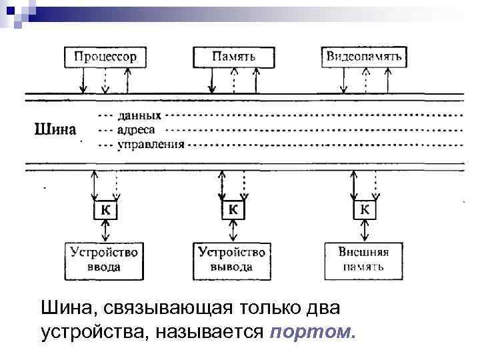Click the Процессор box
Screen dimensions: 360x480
[105, 57]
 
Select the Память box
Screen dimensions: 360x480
[233, 57]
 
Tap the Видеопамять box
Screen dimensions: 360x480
[363, 57]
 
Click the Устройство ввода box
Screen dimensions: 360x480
[103, 260]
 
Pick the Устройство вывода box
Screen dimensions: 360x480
[232, 260]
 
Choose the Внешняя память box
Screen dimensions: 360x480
[364, 260]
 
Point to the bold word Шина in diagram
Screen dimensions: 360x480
[55, 129]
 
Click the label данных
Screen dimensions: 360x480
[139, 115]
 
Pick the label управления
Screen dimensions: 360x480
[151, 143]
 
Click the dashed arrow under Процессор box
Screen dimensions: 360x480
[105, 80]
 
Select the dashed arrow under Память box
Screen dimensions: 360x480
[233, 80]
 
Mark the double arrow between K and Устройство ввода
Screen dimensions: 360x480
[105, 231]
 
